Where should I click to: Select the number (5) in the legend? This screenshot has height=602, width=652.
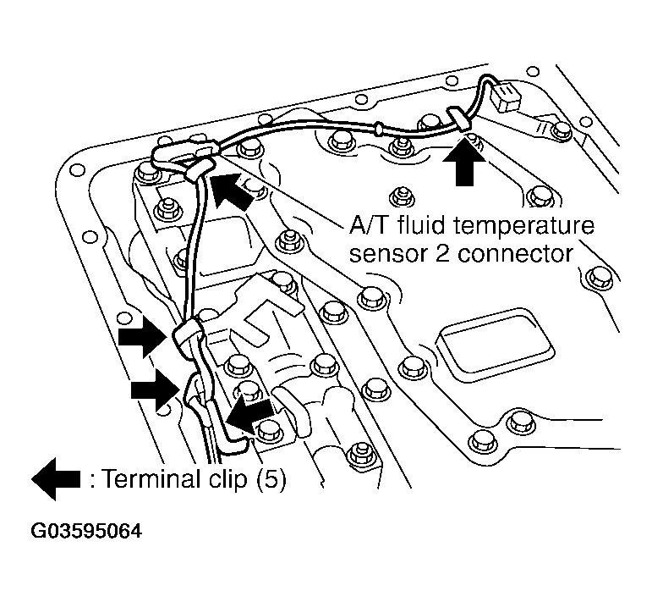pyautogui.click(x=269, y=480)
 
